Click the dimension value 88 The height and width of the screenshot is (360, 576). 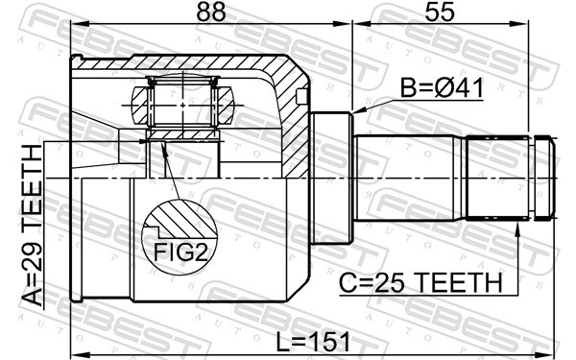pyautogui.click(x=210, y=12)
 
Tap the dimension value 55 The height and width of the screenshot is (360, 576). pyautogui.click(x=440, y=12)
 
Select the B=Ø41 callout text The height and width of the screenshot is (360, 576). pyautogui.click(x=442, y=88)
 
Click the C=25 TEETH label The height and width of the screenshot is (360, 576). pyautogui.click(x=420, y=283)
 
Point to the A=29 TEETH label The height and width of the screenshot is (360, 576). pyautogui.click(x=32, y=225)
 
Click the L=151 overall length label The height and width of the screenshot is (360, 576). pyautogui.click(x=313, y=343)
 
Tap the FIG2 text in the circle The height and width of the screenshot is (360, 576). pyautogui.click(x=180, y=252)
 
